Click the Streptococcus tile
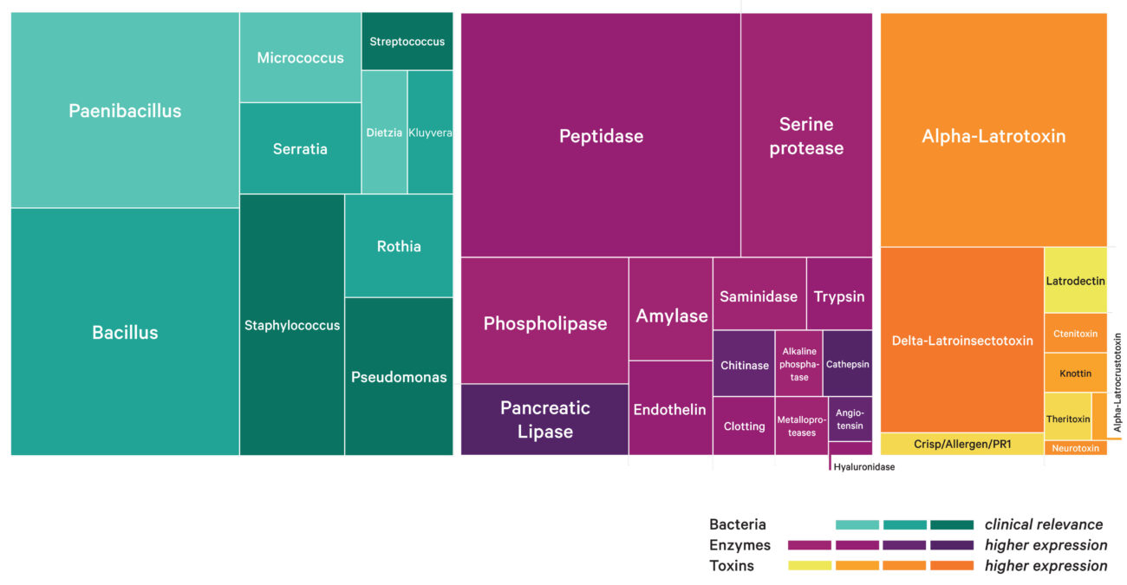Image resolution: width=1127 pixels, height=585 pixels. [407, 42]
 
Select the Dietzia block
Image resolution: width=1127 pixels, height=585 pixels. [384, 133]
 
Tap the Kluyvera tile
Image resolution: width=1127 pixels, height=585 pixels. [430, 133]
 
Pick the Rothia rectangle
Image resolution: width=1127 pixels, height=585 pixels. [399, 246]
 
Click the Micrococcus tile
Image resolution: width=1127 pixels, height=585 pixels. [300, 58]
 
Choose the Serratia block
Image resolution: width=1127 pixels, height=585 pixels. [300, 148]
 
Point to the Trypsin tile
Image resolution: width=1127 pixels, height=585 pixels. [839, 296]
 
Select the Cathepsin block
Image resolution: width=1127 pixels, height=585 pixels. [847, 364]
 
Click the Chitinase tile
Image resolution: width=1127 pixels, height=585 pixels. [744, 365]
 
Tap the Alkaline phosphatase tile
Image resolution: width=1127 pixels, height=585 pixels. [798, 364]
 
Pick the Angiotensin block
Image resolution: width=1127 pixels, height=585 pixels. [850, 419]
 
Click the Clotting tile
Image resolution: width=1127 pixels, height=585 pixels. [744, 426]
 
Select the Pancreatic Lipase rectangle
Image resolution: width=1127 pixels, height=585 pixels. [544, 419]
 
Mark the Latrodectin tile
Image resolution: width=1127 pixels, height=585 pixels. [1075, 281]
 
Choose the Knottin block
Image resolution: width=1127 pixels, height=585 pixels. [1075, 373]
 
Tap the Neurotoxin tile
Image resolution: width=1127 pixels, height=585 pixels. [1075, 448]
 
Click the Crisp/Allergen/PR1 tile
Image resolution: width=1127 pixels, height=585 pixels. [961, 444]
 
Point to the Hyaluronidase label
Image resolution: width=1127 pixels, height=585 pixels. [863, 467]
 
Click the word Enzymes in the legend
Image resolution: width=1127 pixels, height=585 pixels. [739, 545]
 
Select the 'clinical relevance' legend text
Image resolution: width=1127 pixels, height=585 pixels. [1044, 524]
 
